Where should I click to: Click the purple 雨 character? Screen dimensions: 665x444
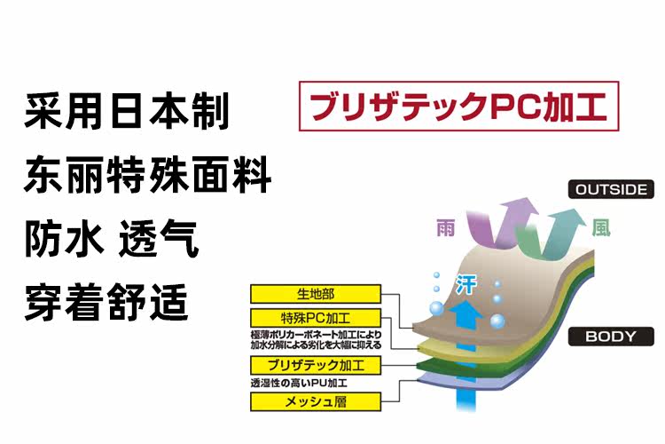pos(445,229)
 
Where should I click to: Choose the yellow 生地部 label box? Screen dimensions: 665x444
pos(316,294)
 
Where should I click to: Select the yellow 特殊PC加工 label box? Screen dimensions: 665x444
pos(316,318)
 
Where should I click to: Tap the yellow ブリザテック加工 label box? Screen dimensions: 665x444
pos(316,366)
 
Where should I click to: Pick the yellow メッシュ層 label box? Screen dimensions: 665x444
pos(316,401)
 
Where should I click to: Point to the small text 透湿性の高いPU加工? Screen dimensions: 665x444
pos(299,384)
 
